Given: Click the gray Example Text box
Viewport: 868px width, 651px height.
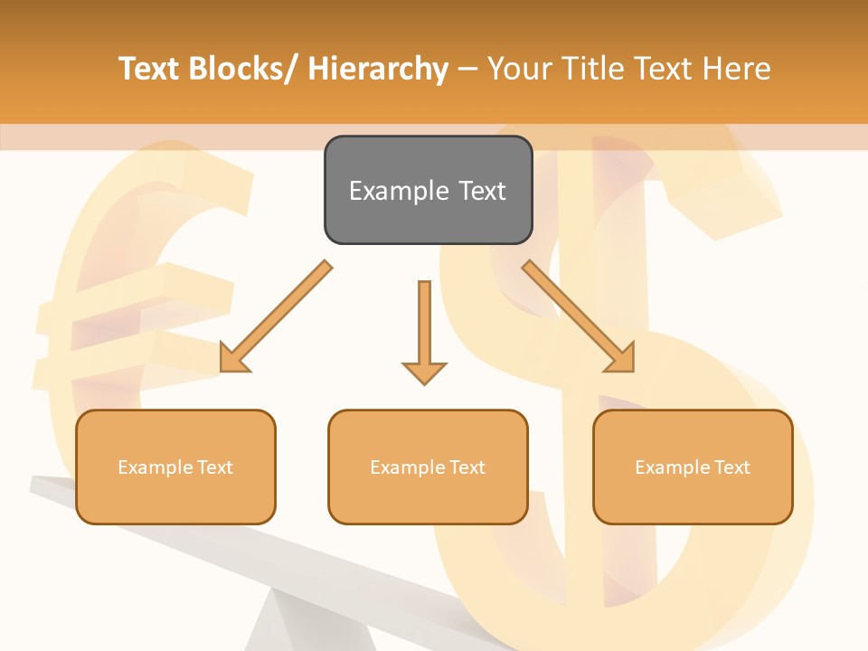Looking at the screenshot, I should click(x=428, y=190).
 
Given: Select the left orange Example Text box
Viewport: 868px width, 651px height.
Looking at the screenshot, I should click(x=175, y=467).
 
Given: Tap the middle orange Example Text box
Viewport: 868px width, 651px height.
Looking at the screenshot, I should click(x=428, y=467).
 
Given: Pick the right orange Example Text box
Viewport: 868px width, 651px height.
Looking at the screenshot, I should click(x=693, y=467).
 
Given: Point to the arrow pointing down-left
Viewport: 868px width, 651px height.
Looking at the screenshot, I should click(x=276, y=316).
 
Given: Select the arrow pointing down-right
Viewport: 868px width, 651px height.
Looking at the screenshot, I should click(x=579, y=316).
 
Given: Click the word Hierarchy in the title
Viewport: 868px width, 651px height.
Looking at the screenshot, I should click(x=378, y=69).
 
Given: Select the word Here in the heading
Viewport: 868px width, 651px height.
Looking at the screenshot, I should click(x=737, y=69).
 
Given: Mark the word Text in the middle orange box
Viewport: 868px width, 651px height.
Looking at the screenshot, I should click(x=467, y=467).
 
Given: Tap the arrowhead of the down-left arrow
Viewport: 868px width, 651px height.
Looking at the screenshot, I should click(x=233, y=358).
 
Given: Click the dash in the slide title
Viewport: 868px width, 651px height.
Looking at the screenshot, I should click(x=467, y=69).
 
